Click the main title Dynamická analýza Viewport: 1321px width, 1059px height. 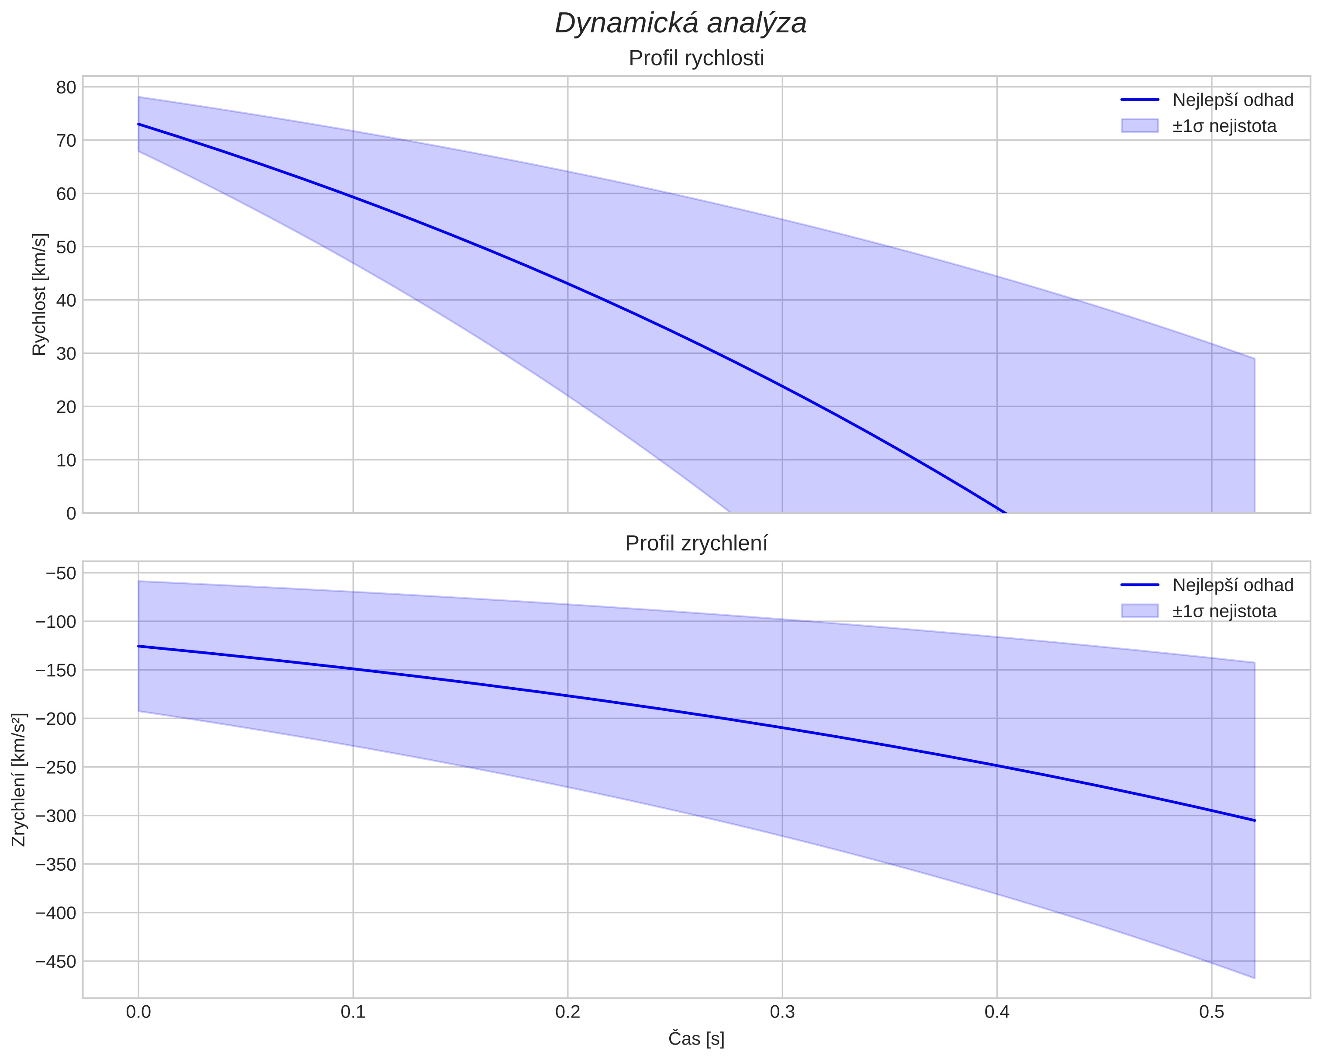(x=681, y=23)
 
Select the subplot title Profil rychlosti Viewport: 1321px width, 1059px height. (x=696, y=58)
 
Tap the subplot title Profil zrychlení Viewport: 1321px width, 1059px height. (x=696, y=543)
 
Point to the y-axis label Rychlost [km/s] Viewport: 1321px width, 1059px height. (x=39, y=294)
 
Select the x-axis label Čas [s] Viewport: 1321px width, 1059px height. (x=696, y=1039)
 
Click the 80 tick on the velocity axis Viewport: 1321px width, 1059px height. (x=66, y=87)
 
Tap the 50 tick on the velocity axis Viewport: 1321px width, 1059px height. (x=66, y=247)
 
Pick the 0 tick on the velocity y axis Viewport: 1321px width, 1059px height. (x=71, y=513)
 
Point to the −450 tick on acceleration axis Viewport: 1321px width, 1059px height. (x=56, y=962)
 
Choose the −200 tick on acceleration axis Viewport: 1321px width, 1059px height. (x=56, y=719)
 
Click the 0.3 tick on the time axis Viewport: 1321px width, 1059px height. (x=782, y=1012)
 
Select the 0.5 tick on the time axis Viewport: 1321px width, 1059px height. (x=1211, y=1012)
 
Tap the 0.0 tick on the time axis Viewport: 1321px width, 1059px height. (x=138, y=1012)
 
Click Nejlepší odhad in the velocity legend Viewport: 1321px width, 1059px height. (x=1233, y=100)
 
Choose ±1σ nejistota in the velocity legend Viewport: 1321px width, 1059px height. (x=1224, y=126)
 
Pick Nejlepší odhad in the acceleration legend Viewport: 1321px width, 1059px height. (x=1233, y=585)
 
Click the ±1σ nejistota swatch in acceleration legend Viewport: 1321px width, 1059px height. (x=1140, y=611)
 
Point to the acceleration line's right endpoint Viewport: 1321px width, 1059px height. (x=1254, y=820)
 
